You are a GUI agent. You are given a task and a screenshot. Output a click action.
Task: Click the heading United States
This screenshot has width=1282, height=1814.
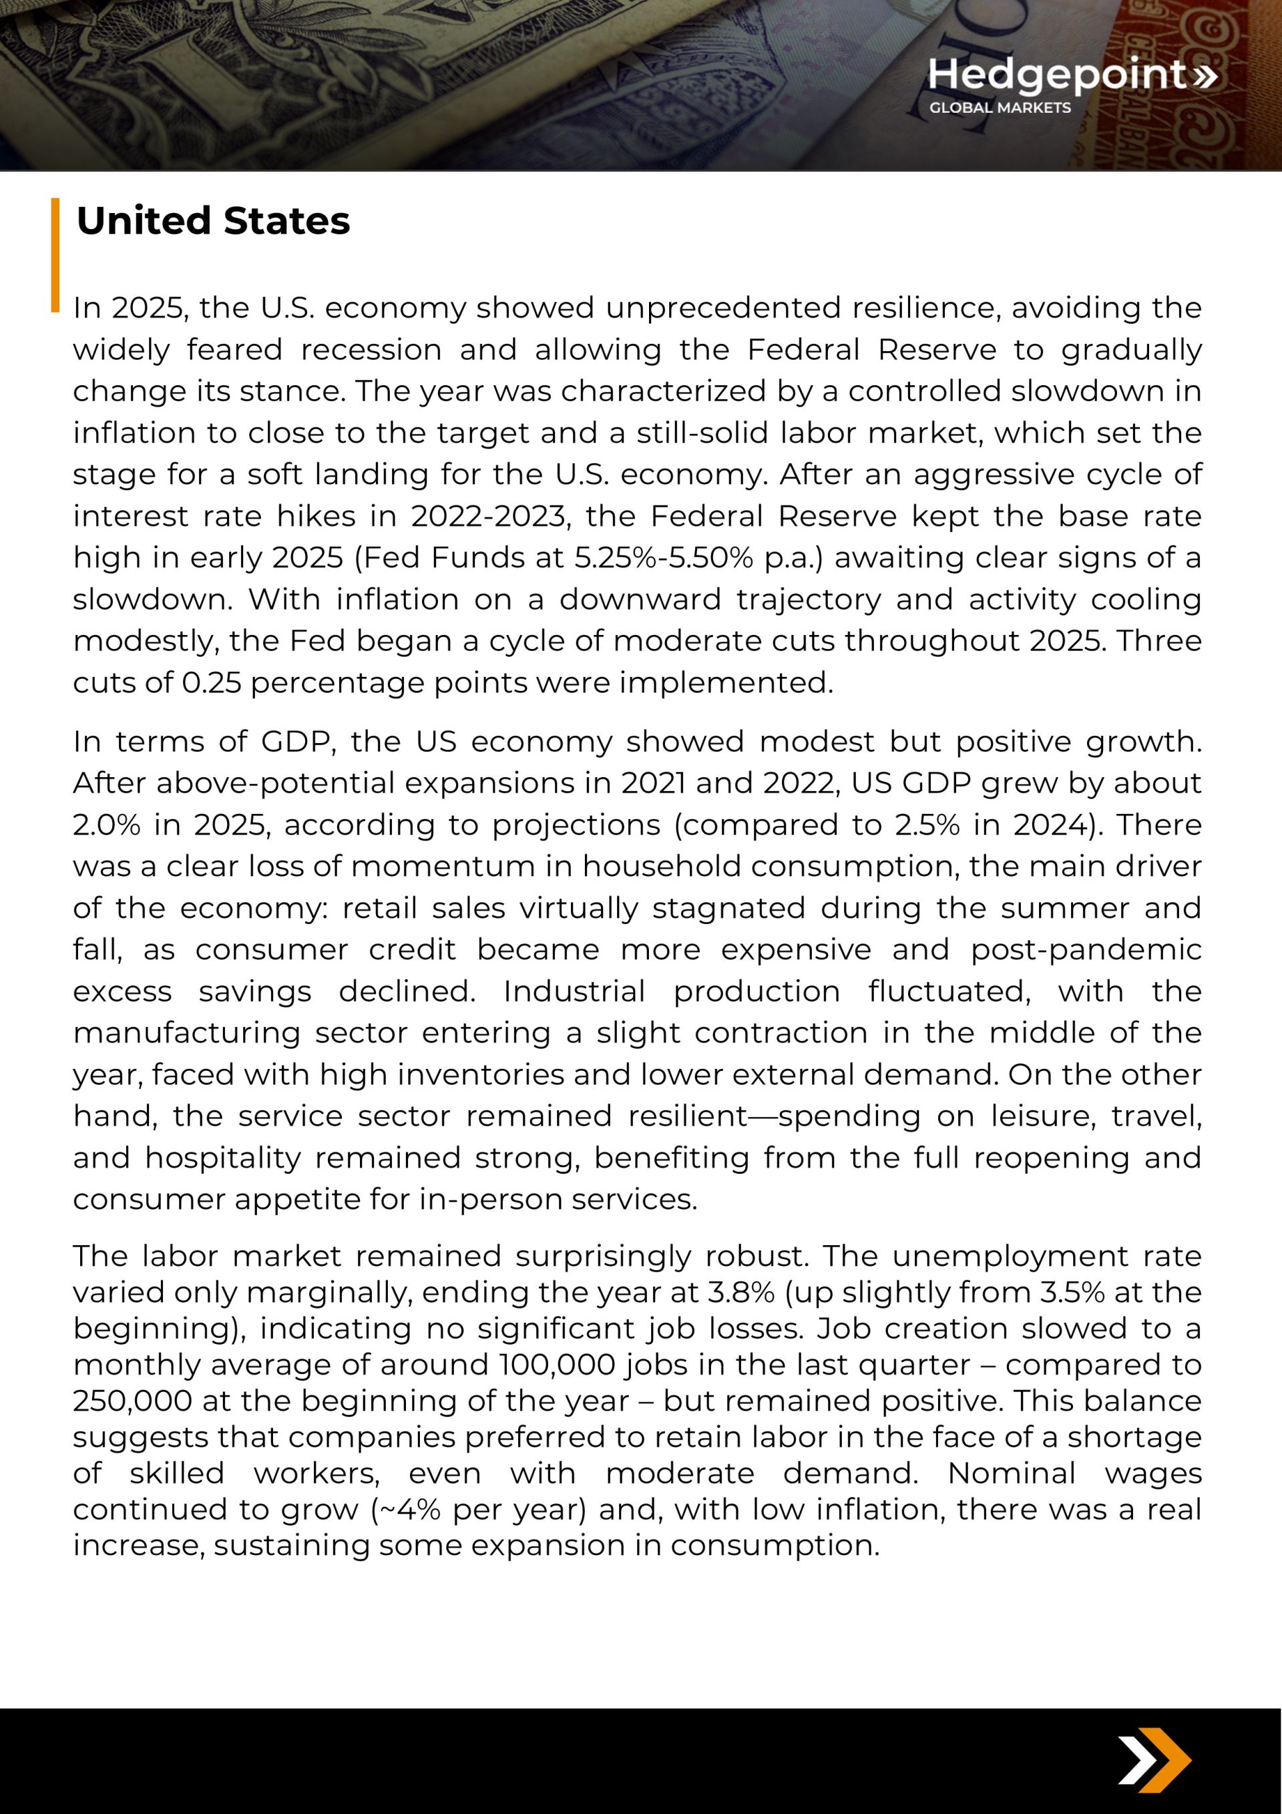[212, 220]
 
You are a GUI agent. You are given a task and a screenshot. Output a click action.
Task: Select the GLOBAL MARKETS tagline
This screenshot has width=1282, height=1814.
[1000, 108]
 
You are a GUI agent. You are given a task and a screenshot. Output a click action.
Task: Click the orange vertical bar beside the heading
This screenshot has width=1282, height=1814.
[55, 254]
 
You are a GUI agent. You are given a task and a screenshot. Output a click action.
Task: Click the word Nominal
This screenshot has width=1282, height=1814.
[1011, 1473]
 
